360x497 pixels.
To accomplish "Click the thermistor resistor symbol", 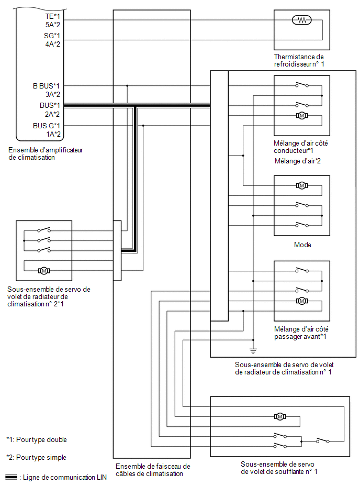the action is click(x=301, y=20).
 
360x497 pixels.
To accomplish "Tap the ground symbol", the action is click(x=253, y=350).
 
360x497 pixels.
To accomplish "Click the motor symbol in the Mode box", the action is click(x=302, y=185).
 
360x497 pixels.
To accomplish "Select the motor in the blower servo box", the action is click(x=280, y=416).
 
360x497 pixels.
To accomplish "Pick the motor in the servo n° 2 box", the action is click(x=44, y=270).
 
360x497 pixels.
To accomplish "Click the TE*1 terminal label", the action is click(x=52, y=16).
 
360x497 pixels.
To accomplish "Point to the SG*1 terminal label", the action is click(x=52, y=36).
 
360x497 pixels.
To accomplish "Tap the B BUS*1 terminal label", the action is click(x=46, y=86).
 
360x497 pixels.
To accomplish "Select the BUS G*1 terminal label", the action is click(x=46, y=126).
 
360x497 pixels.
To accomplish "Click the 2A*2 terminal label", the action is click(x=52, y=114).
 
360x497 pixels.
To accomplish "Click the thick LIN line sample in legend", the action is click(x=12, y=477).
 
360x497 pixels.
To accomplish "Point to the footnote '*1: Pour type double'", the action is click(x=37, y=439).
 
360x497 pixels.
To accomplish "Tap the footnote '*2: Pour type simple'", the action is click(x=36, y=457).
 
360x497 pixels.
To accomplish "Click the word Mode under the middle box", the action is click(x=302, y=245).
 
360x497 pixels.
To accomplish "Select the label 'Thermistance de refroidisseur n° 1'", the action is click(x=299, y=60).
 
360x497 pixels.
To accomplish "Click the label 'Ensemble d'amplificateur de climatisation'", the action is click(x=46, y=153).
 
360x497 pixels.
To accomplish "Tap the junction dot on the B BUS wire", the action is click(x=127, y=86).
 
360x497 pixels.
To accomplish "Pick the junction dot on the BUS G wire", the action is click(x=143, y=126).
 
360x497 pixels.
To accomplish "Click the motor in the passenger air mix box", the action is click(x=302, y=301).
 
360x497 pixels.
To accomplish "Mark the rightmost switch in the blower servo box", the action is click(x=323, y=440).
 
